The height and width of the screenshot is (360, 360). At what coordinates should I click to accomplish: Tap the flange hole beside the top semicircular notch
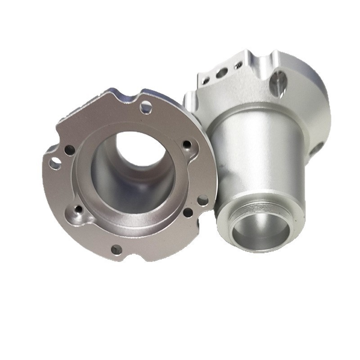146,107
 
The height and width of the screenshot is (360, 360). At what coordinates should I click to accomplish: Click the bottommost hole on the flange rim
117,249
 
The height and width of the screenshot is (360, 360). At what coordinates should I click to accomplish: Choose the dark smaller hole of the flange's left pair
69,150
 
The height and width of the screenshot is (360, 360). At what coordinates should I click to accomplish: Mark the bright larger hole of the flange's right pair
203,200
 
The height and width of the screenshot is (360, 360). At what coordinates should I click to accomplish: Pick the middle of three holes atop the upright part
221,73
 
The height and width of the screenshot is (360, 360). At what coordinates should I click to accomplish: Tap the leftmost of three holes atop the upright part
206,81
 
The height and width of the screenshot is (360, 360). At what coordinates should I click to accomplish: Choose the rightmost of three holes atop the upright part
238,66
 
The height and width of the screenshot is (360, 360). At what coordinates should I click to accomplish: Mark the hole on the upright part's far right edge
319,147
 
